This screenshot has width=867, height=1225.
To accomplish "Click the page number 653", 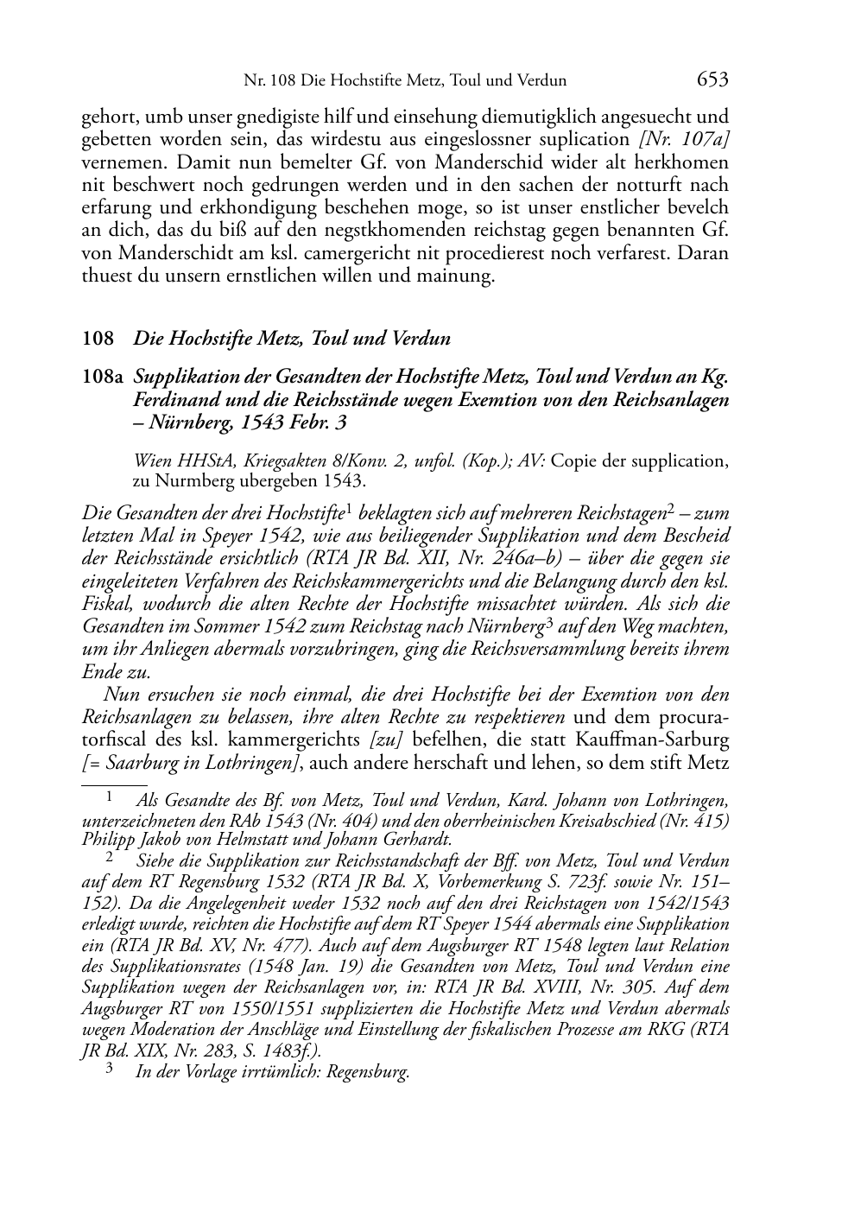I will click(x=712, y=79).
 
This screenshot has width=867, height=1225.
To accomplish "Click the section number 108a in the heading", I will click(x=104, y=378).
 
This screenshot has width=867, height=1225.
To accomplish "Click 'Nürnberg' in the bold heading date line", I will click(x=186, y=423).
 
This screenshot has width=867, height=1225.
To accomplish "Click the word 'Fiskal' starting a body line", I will click(x=104, y=603).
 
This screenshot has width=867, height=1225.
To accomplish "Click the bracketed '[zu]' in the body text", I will click(x=385, y=739).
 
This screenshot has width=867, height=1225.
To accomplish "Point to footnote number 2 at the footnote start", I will click(x=110, y=858).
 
